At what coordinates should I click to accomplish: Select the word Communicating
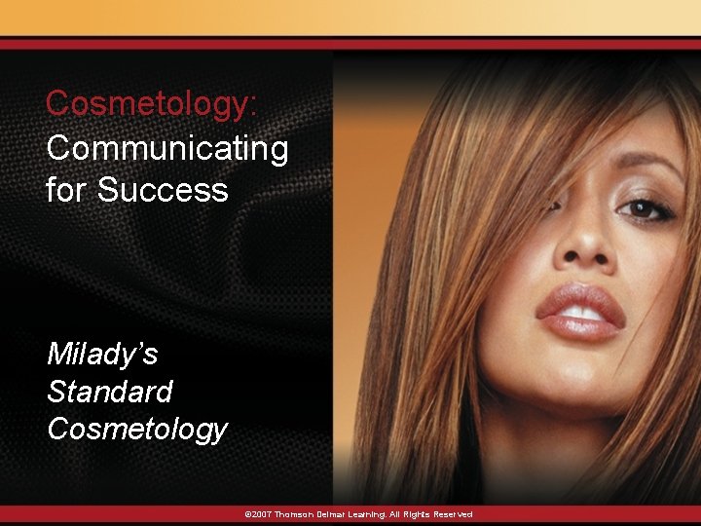point(166,148)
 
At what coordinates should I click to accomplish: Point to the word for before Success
point(66,189)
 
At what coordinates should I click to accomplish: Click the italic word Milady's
point(102,354)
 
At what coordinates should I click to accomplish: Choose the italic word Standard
point(109,392)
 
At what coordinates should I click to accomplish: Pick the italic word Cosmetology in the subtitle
point(136,429)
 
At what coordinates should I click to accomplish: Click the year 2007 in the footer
point(260,514)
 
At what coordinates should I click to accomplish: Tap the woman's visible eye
point(640,208)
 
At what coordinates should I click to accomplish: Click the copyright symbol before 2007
point(247,514)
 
